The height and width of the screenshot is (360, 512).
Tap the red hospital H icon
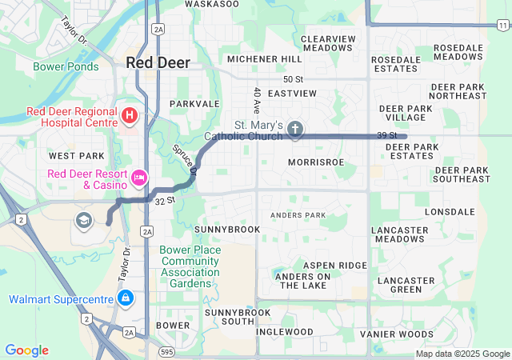pos(129,117)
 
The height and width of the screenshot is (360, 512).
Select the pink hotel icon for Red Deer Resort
pos(139,176)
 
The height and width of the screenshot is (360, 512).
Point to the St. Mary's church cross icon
pos(295,129)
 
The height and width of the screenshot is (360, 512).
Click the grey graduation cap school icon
pos(83,219)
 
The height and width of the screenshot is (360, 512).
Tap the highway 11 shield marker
pos(501,26)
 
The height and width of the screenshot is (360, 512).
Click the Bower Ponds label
pos(66,66)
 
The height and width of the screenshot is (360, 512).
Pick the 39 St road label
pos(387,135)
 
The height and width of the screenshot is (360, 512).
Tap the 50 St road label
pos(294,79)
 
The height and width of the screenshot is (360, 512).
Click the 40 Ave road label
pos(257,100)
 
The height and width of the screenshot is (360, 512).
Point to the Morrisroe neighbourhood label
pos(315,162)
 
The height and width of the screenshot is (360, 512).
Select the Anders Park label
pos(298,215)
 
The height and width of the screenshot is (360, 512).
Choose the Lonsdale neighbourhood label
pos(450,212)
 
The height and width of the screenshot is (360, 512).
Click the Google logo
pos(26,350)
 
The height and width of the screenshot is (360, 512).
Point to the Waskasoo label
pos(212,4)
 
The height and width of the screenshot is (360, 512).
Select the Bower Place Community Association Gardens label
pos(189,266)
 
